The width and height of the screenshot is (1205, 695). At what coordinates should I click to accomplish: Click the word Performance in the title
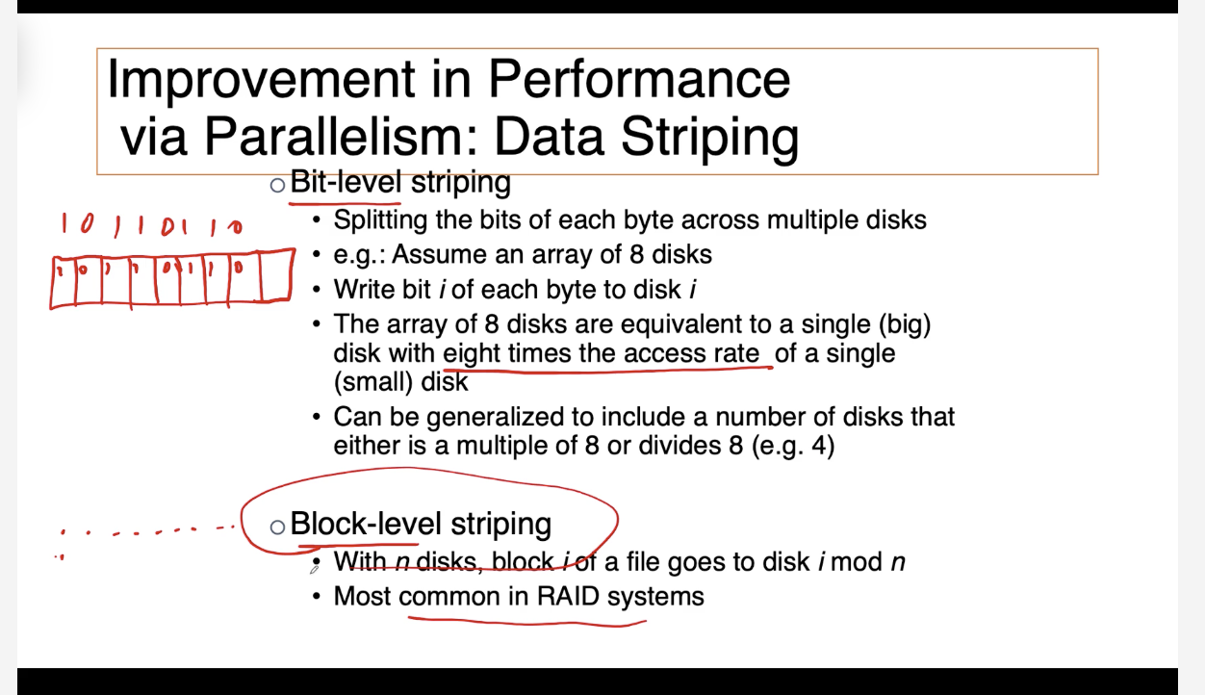click(x=639, y=80)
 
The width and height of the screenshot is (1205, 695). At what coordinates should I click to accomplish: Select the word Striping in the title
click(x=710, y=139)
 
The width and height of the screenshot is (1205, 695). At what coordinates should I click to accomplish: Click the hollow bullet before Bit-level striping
click(x=277, y=185)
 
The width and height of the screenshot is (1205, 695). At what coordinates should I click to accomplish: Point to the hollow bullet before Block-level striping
click(x=277, y=527)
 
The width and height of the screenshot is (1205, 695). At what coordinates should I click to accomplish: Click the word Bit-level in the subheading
click(x=346, y=182)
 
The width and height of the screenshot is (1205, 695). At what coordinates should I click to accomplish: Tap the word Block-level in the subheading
click(x=366, y=524)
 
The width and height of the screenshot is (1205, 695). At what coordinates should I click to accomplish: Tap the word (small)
click(x=372, y=382)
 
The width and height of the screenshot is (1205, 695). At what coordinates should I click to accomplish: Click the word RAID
click(x=568, y=597)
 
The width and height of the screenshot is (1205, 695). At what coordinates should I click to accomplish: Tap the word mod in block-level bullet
click(x=857, y=562)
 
